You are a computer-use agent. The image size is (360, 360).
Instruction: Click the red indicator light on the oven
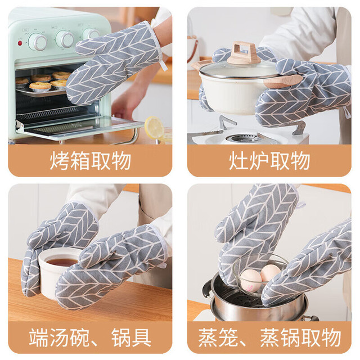pyautogui.click(x=20, y=43)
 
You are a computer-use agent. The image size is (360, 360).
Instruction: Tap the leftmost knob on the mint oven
pyautogui.click(x=38, y=42)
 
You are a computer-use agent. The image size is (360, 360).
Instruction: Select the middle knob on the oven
pyautogui.click(x=65, y=39)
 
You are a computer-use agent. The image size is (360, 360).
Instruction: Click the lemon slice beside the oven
pyautogui.click(x=154, y=128)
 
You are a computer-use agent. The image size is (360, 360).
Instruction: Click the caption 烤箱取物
pyautogui.click(x=90, y=160)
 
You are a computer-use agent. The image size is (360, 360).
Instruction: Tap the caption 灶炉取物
pyautogui.click(x=269, y=160)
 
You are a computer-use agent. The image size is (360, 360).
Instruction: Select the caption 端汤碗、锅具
pyautogui.click(x=90, y=337)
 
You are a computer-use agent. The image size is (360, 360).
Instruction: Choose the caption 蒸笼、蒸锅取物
pyautogui.click(x=269, y=337)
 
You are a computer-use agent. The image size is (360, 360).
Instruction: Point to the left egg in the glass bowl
pyautogui.click(x=251, y=281)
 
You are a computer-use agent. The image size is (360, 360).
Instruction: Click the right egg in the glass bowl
pyautogui.click(x=271, y=273)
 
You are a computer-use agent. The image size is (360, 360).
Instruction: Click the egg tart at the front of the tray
pyautogui.click(x=40, y=86)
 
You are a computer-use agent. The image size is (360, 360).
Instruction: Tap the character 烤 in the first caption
pyautogui.click(x=59, y=160)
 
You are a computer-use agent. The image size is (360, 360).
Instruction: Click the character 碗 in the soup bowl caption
pyautogui.click(x=79, y=337)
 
